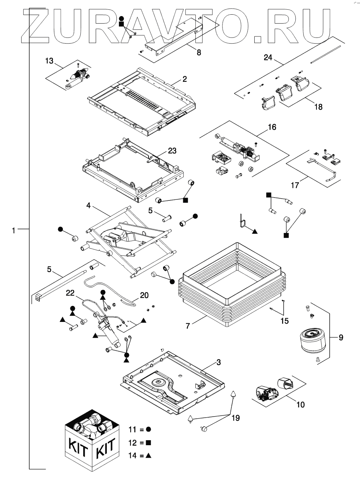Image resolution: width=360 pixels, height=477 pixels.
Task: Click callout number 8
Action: click(199, 53)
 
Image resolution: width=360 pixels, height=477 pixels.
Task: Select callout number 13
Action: click(49, 61)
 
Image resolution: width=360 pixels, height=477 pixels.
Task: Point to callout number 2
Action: click(185, 79)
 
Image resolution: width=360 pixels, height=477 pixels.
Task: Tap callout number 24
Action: click(268, 57)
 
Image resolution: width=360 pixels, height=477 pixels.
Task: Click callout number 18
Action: click(318, 106)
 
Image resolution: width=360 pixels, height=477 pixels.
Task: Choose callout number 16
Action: click(272, 127)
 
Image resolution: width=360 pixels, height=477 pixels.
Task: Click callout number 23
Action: click(172, 151)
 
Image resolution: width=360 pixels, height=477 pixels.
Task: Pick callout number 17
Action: click(295, 185)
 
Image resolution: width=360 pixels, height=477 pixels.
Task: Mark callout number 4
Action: click(89, 205)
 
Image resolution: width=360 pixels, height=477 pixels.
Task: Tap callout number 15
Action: click(284, 321)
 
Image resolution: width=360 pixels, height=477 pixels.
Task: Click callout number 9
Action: click(341, 337)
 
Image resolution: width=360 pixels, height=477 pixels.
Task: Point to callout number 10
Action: click(301, 404)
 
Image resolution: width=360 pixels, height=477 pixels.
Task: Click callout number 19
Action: click(235, 418)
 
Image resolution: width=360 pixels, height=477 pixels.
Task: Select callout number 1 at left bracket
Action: click(14, 231)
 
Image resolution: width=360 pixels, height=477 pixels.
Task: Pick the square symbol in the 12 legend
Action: click(149, 443)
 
